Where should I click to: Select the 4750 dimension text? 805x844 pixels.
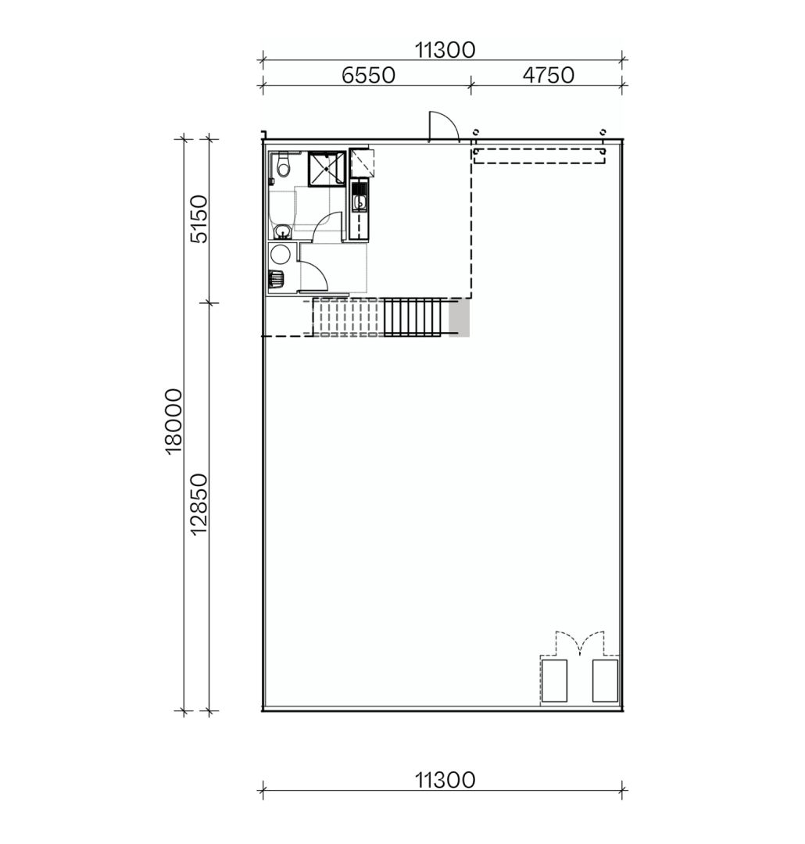tap(548, 75)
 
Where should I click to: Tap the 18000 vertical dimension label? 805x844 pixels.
tap(174, 420)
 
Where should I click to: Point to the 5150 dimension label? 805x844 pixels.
tap(199, 219)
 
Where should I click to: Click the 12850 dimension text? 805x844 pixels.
tap(199, 504)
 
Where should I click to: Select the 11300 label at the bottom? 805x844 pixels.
tap(445, 780)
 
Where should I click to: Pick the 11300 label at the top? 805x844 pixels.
tap(445, 50)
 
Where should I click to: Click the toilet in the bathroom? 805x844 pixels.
tap(283, 166)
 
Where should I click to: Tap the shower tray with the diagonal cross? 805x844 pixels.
tap(326, 170)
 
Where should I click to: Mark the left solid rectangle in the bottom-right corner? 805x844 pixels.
tap(554, 681)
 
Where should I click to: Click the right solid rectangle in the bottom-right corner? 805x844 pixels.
tap(605, 681)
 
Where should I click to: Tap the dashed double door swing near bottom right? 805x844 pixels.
tap(579, 643)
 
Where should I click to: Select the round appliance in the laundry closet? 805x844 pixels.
tap(279, 254)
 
